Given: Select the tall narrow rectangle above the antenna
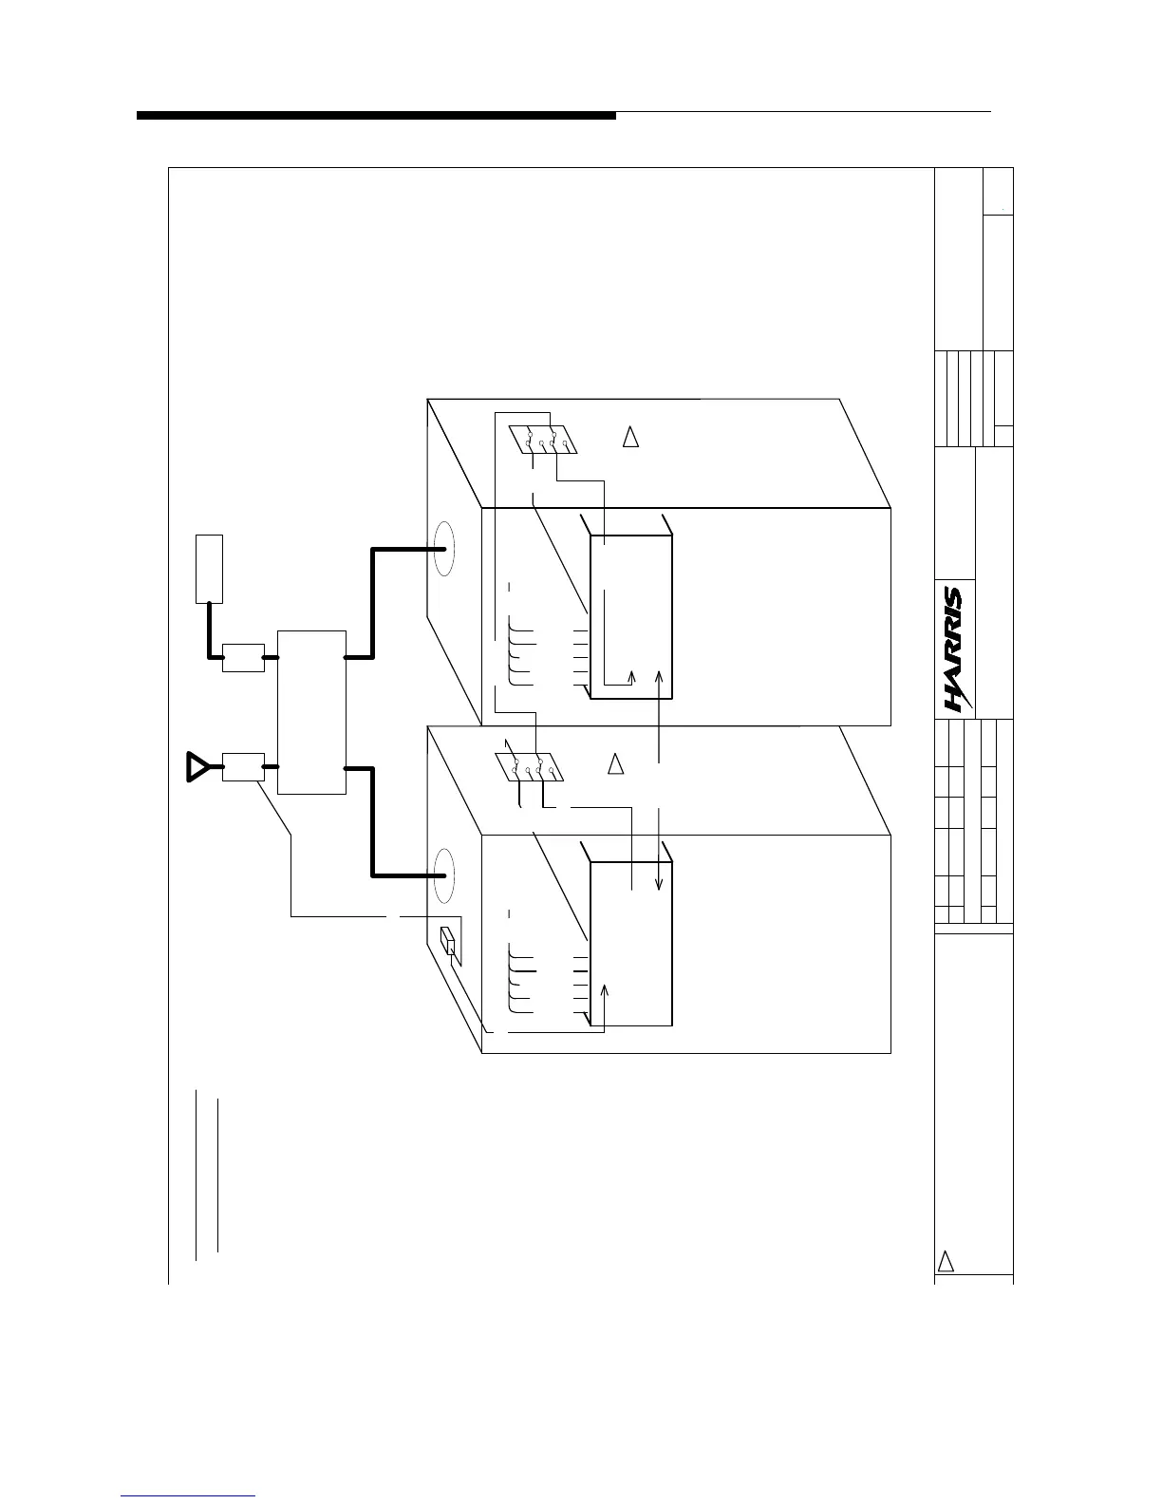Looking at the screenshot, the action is coord(209,568).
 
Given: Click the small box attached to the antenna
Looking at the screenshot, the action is coord(243,766).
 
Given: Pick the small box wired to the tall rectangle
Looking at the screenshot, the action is coord(243,657).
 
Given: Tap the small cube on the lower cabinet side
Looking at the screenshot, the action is coord(449,942).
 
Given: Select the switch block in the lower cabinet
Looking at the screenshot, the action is coord(530,767).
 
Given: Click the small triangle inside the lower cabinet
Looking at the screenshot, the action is coord(616,763).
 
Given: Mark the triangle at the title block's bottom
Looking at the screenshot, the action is coord(946,1261).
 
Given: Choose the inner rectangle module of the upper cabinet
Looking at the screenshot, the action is coord(631,617).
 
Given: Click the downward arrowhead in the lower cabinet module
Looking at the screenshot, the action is coord(659,886).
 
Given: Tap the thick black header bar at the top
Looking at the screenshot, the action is coord(376,116).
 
